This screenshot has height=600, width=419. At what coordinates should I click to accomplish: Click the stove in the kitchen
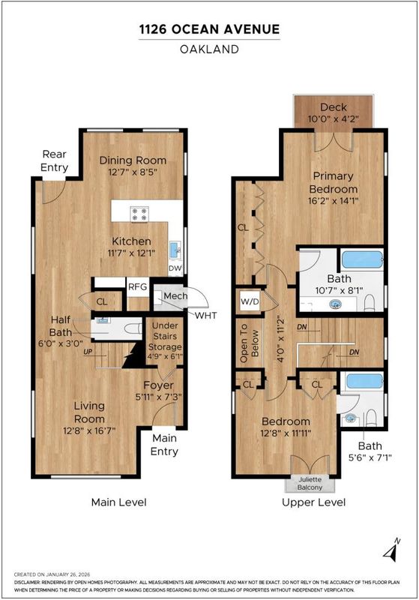click(x=139, y=214)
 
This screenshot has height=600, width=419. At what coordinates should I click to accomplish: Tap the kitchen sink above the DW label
click(x=175, y=250)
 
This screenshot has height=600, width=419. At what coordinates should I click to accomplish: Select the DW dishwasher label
click(x=175, y=268)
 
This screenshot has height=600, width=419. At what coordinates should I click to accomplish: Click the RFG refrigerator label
click(x=137, y=286)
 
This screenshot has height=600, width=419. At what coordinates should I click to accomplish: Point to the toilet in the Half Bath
click(x=133, y=328)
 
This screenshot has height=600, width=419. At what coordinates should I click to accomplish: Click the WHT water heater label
click(x=205, y=315)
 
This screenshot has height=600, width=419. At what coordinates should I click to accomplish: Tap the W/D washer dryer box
click(x=250, y=301)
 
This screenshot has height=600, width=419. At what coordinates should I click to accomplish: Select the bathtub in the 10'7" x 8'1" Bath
click(x=362, y=259)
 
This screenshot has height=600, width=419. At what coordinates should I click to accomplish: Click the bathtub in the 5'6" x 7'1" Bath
click(x=364, y=381)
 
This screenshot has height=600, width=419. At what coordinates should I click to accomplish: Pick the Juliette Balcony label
click(x=310, y=483)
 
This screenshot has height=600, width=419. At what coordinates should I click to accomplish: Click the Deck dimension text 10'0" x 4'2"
click(x=334, y=118)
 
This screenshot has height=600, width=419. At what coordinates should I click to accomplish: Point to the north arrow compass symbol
click(x=391, y=550)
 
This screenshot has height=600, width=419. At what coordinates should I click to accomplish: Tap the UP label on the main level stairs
click(x=88, y=351)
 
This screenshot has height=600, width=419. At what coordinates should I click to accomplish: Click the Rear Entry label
click(x=54, y=160)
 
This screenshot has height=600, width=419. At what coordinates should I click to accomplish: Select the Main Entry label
click(x=164, y=445)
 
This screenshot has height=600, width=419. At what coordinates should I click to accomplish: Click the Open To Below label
click(x=250, y=343)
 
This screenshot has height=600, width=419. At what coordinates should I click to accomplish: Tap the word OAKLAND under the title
click(x=210, y=49)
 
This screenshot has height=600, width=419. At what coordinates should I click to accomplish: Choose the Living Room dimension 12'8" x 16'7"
click(x=89, y=430)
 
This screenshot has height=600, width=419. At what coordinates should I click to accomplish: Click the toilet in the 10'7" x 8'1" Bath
click(x=370, y=303)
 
